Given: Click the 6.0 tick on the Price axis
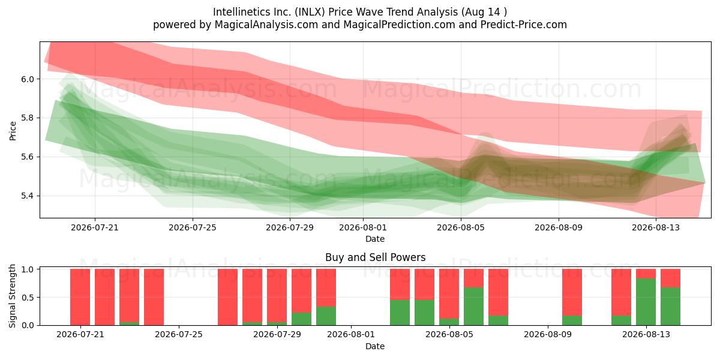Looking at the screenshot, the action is pos(28,79).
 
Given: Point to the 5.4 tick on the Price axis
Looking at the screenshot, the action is pos(28,196).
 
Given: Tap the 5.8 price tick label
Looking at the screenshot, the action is pos(28,118).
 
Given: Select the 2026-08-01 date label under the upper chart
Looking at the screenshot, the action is pos(363,227).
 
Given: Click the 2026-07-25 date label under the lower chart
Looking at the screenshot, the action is pos(179,335).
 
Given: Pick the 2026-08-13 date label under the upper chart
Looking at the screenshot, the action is pos(656,227).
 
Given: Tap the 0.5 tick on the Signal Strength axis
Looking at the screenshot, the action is pos(28,298).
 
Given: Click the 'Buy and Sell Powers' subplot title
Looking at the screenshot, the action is pos(375,257).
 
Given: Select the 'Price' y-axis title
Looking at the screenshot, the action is pos(13,131).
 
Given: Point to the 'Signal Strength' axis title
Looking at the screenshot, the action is pos(12,296).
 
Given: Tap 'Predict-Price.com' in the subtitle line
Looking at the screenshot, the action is pos(524,25).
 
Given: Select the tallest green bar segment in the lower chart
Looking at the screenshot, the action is pos(646,302).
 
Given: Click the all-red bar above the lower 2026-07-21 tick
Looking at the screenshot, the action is pos(80,297).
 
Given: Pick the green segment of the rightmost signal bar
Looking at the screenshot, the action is pos(671,307).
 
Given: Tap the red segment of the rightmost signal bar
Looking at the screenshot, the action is pos(671,278).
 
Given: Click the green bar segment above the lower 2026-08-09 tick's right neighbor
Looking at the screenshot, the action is pos(572,320).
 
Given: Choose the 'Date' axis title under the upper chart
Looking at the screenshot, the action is pos(375,239).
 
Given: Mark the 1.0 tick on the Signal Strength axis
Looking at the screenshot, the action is pos(28,269).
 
